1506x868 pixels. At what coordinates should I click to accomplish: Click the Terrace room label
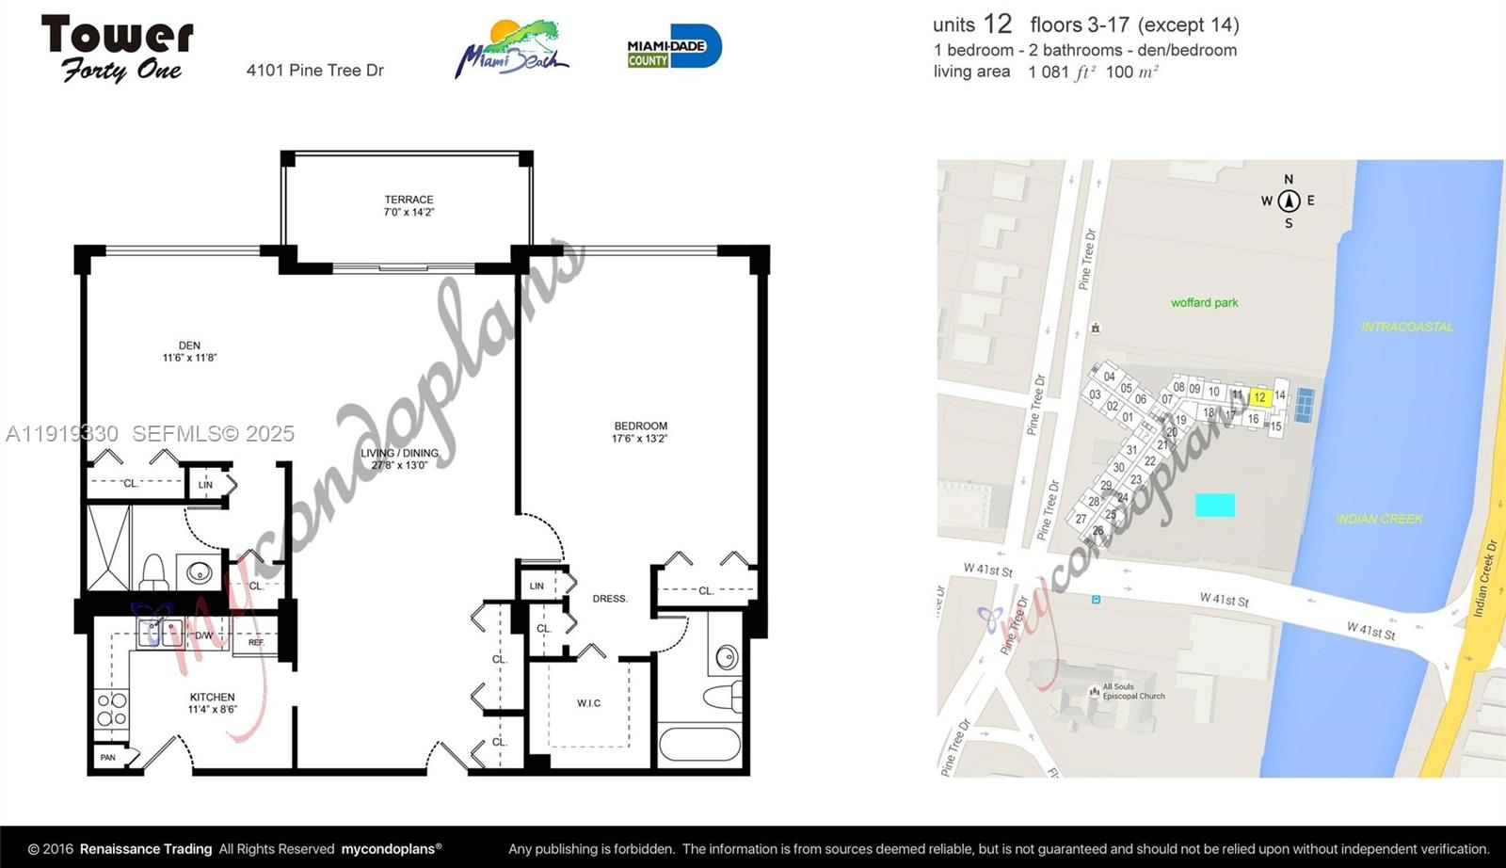(409, 205)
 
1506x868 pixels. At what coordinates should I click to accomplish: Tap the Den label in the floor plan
(189, 351)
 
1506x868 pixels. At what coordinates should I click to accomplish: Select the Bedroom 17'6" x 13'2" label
(640, 432)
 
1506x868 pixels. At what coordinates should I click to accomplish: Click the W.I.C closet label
(589, 703)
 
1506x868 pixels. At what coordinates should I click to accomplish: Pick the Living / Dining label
(399, 458)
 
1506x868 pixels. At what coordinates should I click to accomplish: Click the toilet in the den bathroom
(153, 571)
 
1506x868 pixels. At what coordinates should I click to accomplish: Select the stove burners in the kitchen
(111, 708)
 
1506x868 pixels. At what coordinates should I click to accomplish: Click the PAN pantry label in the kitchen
(108, 757)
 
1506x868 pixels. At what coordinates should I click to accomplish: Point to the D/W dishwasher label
(204, 635)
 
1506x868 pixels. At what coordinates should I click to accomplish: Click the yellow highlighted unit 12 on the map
(1260, 398)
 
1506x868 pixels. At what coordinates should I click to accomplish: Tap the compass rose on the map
(1289, 201)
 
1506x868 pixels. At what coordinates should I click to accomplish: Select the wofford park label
(1204, 302)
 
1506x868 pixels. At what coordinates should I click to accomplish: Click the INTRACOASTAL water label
(1407, 327)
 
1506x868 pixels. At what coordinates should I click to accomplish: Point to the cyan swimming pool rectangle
(1214, 505)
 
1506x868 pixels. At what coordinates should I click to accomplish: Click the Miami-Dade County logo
(674, 47)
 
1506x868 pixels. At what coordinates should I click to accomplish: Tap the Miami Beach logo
(513, 49)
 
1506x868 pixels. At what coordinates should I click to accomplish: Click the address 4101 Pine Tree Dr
(315, 71)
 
